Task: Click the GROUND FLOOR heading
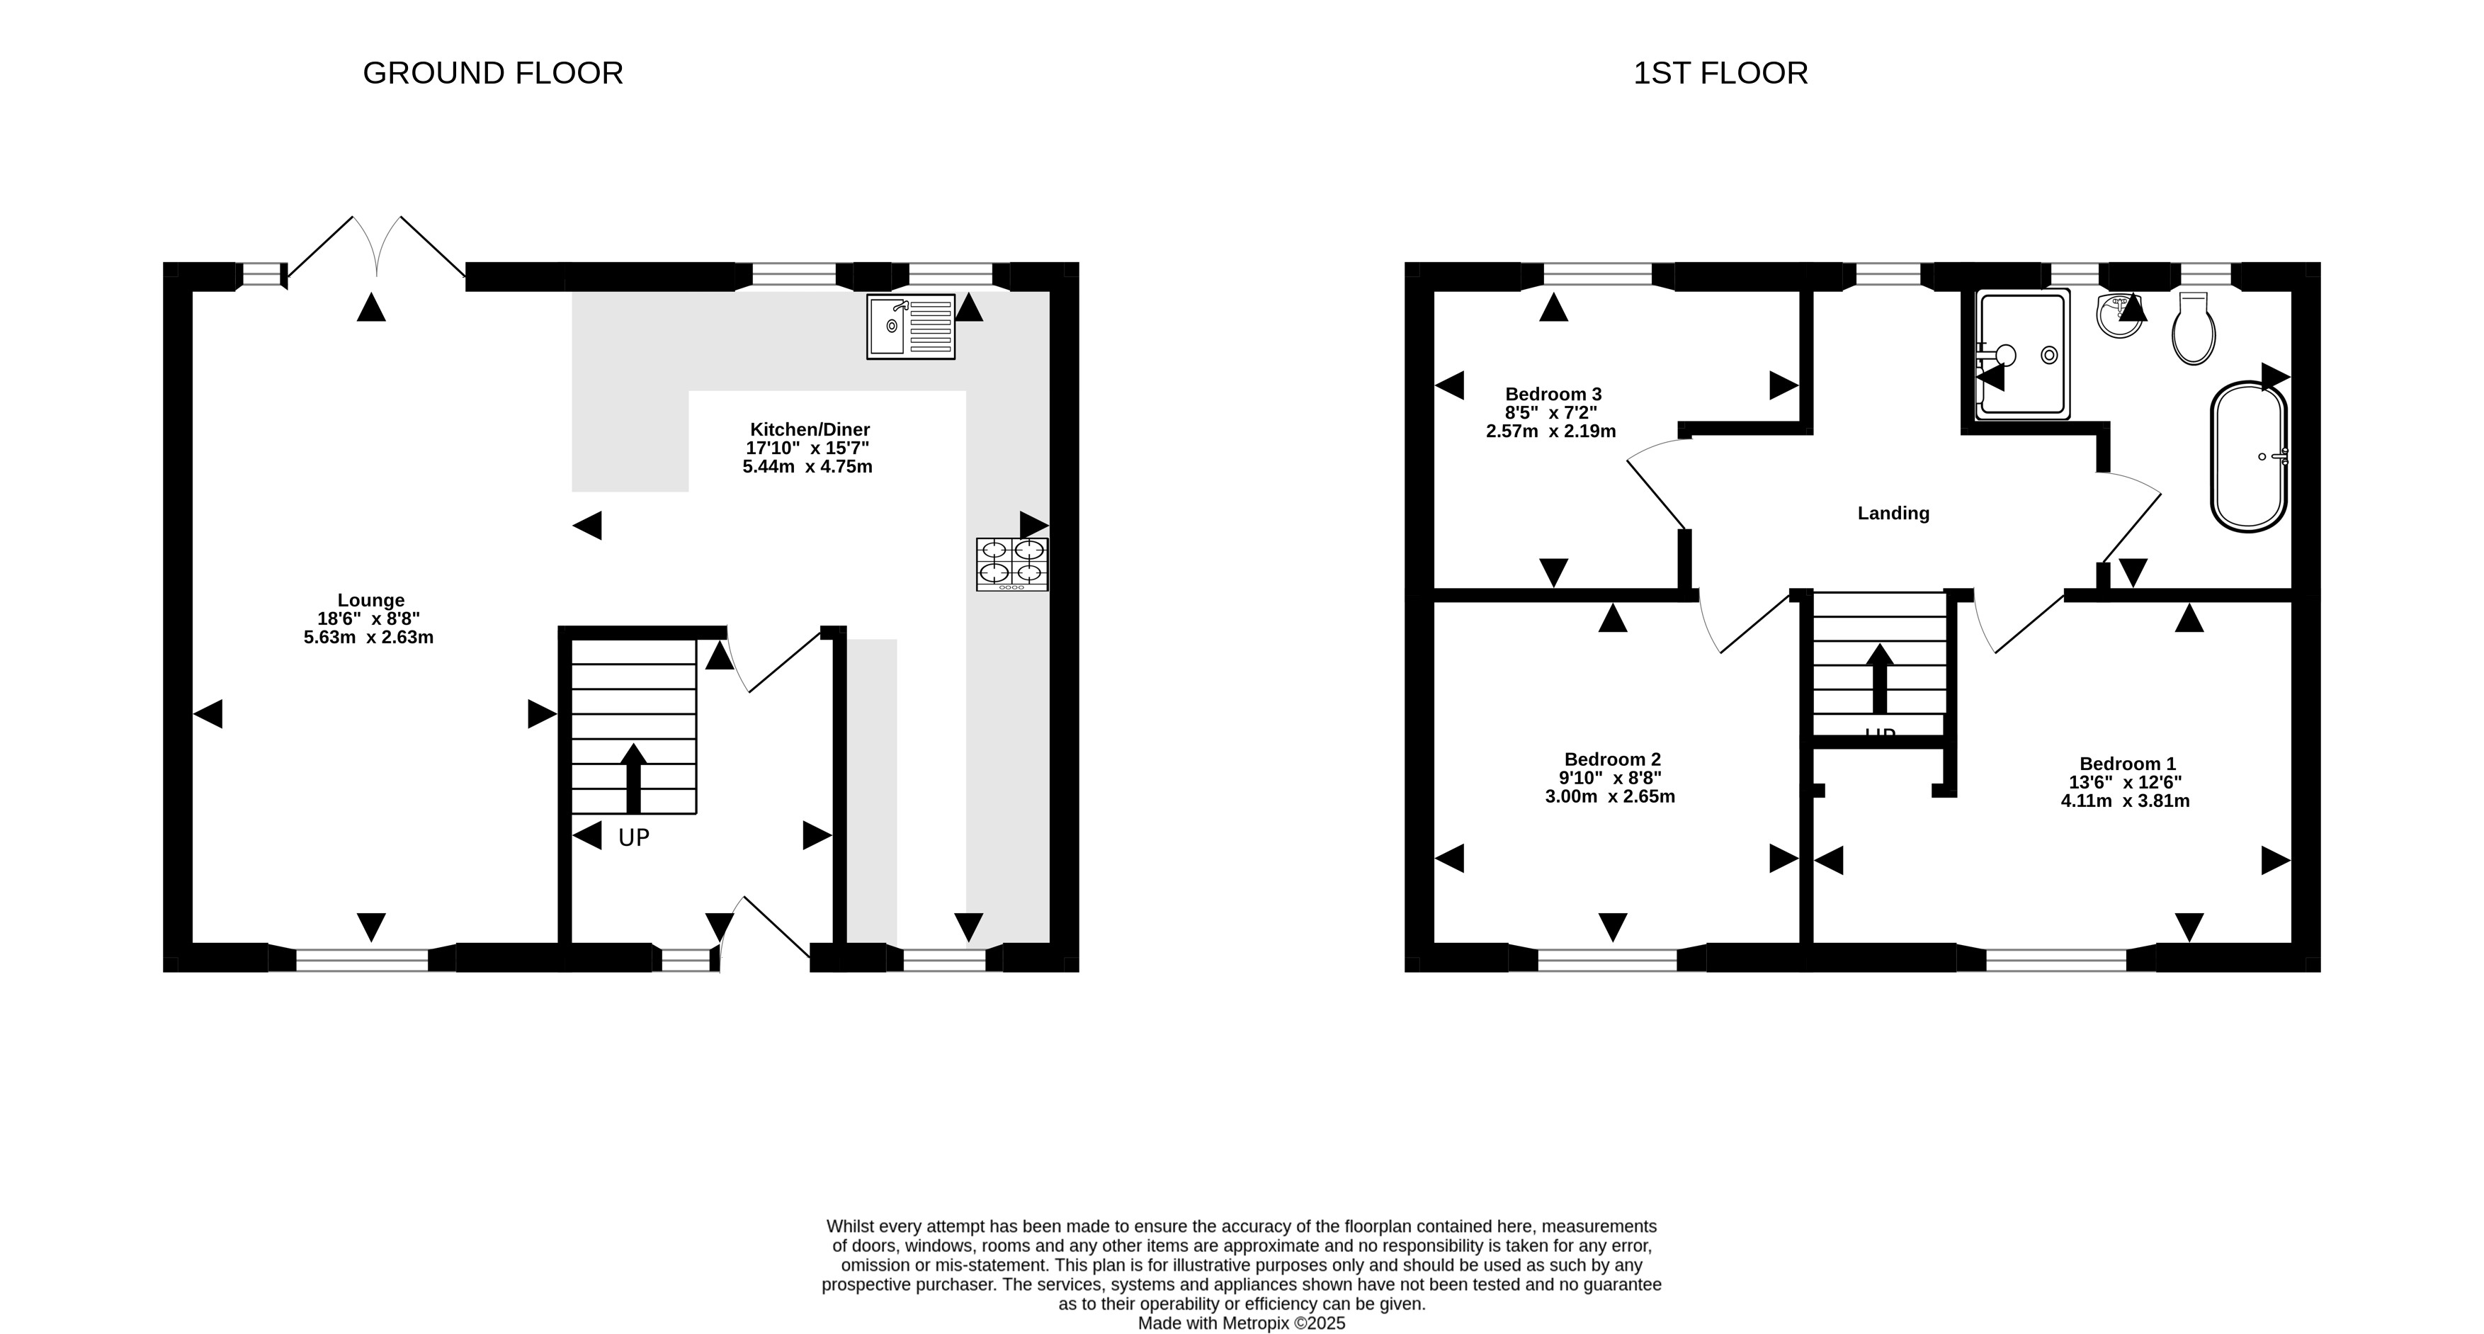coord(493,73)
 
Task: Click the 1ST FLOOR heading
coord(1720,73)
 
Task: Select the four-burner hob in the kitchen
coord(1011,564)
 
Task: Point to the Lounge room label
coord(370,600)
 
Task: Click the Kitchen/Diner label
coord(810,429)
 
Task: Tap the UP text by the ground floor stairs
coord(633,837)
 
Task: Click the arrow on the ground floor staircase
coord(633,779)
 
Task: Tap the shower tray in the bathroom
coord(2022,355)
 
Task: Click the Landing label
coord(1893,513)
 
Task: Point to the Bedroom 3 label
coord(1553,394)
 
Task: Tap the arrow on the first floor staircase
coord(1879,679)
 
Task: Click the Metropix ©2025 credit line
coord(1241,1323)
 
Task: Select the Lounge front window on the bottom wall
coord(362,959)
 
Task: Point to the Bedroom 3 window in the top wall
coord(1598,275)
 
